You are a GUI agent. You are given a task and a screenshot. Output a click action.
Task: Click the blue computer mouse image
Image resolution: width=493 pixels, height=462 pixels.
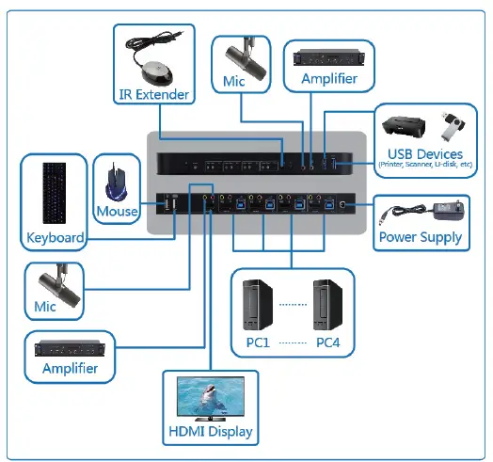(117, 180)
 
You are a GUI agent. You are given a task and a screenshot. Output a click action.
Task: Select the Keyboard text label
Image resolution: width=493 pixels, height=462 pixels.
(55, 237)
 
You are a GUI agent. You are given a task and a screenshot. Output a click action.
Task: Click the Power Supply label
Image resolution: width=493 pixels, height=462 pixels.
(421, 237)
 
